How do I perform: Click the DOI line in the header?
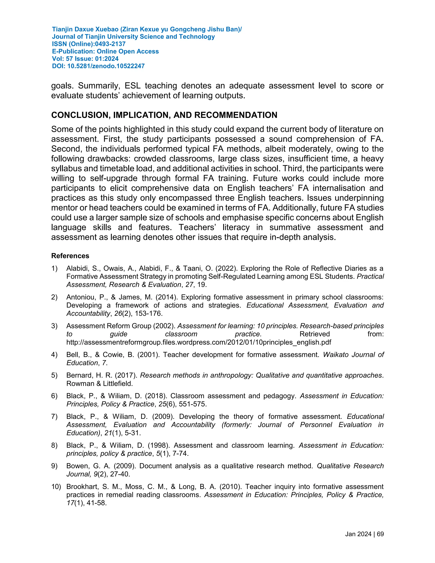coord(98,66)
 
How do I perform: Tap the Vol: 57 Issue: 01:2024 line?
coord(85,59)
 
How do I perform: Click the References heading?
coord(70,256)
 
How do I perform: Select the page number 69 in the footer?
coord(380,534)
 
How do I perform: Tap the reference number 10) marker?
coord(56,487)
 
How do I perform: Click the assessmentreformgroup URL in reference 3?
coord(198,342)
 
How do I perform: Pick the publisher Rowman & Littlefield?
coord(99,383)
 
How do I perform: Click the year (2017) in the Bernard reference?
coord(124,375)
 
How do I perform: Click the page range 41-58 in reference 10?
coord(97,503)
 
